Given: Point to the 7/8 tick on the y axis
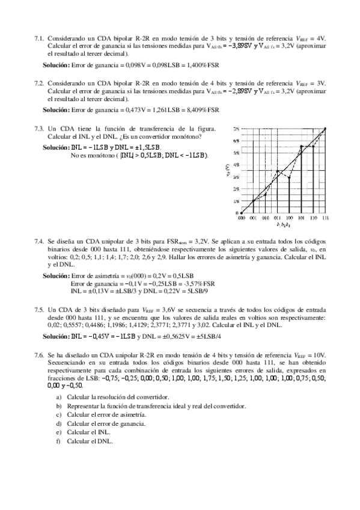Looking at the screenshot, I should tap(236, 129).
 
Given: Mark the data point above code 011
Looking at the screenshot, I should tap(278, 171).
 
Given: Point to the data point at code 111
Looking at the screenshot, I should tap(325, 129).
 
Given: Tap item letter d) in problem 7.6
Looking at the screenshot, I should tap(58, 423).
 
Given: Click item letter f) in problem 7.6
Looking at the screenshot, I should tap(58, 440).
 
